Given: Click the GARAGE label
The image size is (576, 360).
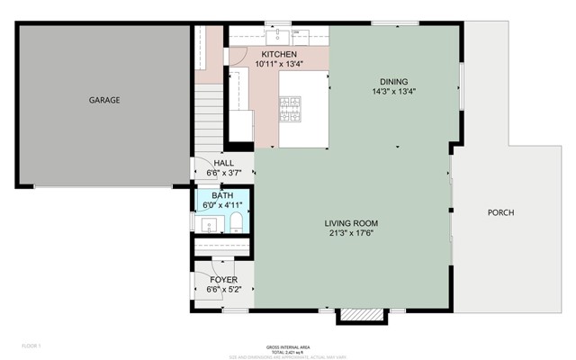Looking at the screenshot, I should click(104, 100).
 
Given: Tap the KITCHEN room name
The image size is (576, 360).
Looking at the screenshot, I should click(254, 54).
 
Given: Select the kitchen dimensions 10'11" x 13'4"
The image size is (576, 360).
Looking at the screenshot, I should click(254, 64).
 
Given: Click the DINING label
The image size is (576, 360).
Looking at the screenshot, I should click(393, 80).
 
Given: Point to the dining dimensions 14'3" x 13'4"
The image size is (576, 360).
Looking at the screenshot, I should click(393, 91).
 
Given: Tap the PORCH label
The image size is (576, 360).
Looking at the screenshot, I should click(500, 213).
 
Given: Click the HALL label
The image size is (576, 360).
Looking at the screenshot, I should click(223, 163).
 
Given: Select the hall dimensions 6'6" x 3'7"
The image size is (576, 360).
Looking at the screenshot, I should click(223, 173).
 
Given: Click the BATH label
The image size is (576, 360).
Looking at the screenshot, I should click(221, 195).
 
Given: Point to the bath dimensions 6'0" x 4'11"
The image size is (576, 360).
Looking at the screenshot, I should click(221, 205).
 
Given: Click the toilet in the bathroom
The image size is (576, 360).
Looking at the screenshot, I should click(236, 221).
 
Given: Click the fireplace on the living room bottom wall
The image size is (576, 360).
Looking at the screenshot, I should click(348, 316).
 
